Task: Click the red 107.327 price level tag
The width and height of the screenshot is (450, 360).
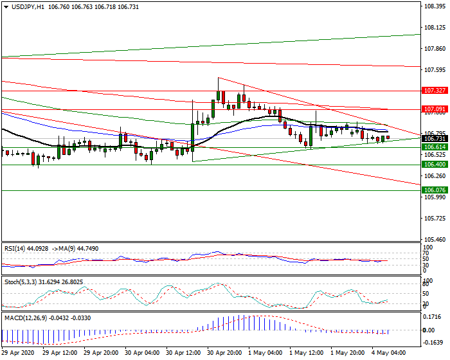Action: (435, 91)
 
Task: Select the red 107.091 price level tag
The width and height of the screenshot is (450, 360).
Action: (435, 110)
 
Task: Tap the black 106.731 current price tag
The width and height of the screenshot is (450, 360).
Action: (435, 139)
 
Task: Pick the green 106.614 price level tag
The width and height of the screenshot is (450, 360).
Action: (435, 147)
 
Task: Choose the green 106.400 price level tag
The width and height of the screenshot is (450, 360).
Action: (435, 165)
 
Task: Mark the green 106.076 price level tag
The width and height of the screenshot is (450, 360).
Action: (435, 190)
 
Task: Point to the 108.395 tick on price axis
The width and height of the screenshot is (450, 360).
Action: (435, 6)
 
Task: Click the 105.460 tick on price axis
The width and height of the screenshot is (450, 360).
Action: (435, 239)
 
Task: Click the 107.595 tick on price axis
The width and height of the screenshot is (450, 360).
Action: (435, 70)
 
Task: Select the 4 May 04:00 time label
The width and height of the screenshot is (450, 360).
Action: (388, 353)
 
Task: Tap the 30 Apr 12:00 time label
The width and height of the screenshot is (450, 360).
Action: (184, 353)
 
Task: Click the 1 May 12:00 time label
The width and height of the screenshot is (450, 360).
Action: (307, 353)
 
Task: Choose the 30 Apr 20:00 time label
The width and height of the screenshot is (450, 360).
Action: (225, 353)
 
